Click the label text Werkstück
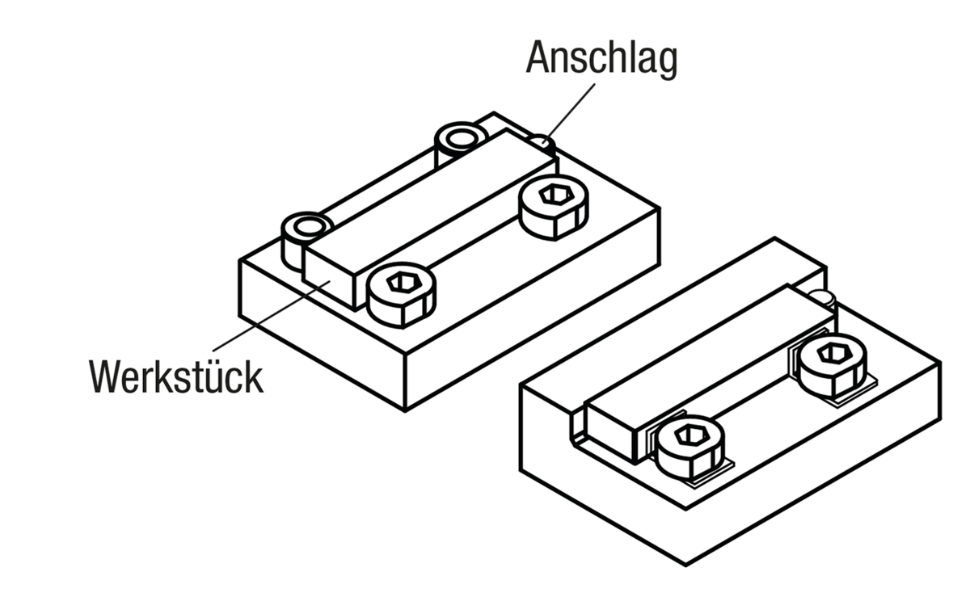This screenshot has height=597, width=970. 176,376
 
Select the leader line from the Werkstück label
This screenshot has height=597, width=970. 267,316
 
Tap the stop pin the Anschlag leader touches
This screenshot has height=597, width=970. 541,144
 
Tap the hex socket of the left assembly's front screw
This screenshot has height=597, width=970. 400,283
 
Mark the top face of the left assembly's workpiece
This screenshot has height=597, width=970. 428,202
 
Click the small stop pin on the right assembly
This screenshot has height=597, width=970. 823,296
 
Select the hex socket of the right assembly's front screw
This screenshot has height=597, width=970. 690,436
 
